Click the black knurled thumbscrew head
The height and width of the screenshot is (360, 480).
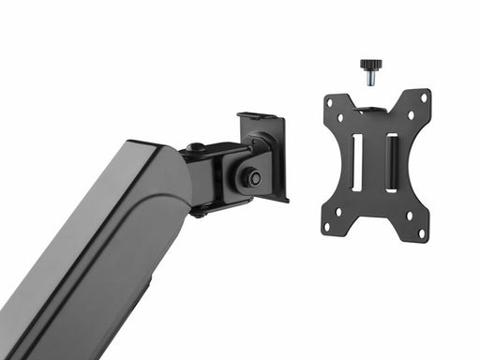coord(371,66)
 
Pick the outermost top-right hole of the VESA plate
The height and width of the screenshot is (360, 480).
coord(424,97)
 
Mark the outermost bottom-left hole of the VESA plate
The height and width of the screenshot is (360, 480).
coord(326,227)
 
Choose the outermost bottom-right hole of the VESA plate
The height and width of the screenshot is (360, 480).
coord(422,232)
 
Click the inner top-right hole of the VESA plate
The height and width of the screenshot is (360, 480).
coord(411,114)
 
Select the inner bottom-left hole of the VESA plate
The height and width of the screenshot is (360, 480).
coord(339,211)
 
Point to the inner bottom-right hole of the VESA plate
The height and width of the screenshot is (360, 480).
coord(409,216)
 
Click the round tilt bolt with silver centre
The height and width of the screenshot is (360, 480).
coord(251,174)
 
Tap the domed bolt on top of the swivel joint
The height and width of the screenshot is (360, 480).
coord(197,147)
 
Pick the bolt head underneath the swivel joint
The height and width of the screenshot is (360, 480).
coord(200,213)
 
